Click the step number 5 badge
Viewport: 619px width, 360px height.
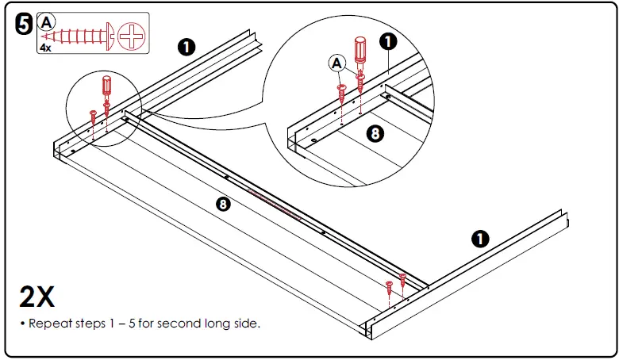[24, 24]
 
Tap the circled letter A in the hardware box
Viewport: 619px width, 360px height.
[46, 22]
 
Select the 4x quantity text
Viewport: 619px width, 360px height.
[45, 48]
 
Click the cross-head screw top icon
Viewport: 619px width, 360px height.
[132, 36]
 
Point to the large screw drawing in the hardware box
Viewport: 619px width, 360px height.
[78, 36]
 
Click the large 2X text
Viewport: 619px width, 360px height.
[37, 297]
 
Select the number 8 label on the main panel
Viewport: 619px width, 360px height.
[223, 204]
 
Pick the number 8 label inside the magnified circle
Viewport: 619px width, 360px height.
[375, 134]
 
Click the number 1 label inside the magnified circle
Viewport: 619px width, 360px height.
[387, 41]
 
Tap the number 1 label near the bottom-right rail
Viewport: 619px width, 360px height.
[480, 239]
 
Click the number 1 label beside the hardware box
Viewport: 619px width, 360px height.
[186, 47]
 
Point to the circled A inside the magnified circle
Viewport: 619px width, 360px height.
[336, 63]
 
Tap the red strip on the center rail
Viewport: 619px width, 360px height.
[274, 204]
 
